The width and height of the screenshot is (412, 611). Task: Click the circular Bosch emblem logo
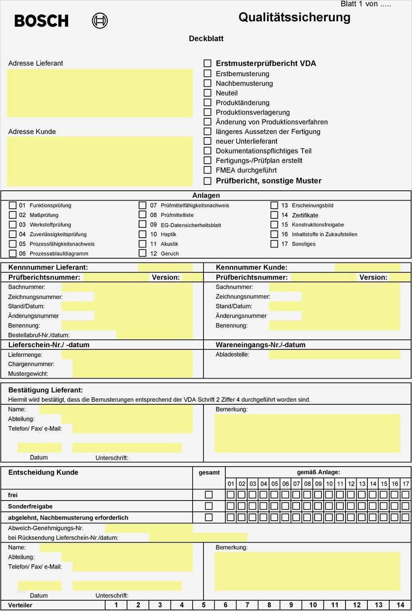100,21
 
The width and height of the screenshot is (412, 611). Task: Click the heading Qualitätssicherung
294,17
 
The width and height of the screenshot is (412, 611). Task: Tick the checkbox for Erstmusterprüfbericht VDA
207,63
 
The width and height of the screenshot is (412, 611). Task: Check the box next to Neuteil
207,93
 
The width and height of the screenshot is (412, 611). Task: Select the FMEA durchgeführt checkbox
207,170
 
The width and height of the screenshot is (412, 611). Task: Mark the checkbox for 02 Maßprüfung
13,215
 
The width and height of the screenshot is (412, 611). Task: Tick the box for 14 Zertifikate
274,215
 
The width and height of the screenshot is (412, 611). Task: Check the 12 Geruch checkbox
142,253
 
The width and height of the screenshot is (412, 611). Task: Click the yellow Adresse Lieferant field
100,93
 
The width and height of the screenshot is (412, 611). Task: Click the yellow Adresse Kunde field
100,161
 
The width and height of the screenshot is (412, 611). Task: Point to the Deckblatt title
206,38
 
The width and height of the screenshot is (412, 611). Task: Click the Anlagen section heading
206,196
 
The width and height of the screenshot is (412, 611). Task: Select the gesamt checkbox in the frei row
209,495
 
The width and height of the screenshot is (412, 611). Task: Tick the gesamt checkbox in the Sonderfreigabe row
209,506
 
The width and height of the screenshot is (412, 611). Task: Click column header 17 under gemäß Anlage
406,483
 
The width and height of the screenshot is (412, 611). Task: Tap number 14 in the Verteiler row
400,605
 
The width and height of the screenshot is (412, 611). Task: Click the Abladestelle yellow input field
334,354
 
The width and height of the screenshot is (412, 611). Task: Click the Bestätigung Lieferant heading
45,390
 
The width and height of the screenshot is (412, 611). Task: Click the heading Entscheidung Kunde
43,472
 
